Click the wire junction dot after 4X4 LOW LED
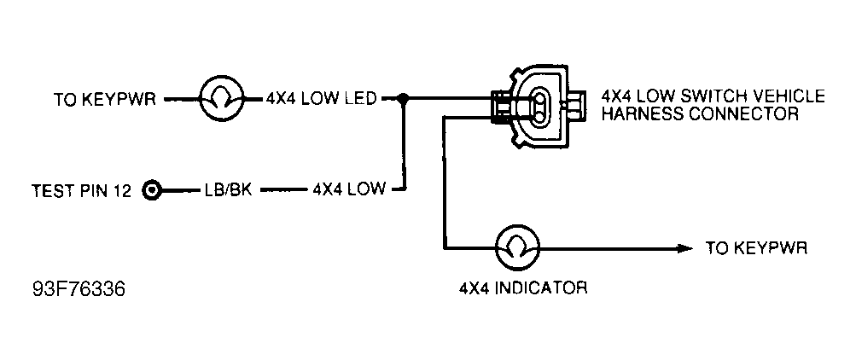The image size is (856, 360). (404, 99)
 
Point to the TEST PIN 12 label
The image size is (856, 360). (81, 190)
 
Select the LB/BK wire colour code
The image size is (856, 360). (227, 190)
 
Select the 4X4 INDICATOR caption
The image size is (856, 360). (521, 287)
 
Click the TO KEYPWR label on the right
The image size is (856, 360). (755, 248)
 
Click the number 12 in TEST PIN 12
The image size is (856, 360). (122, 190)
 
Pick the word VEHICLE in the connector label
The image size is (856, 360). (791, 96)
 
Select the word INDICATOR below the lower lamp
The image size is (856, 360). (541, 287)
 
